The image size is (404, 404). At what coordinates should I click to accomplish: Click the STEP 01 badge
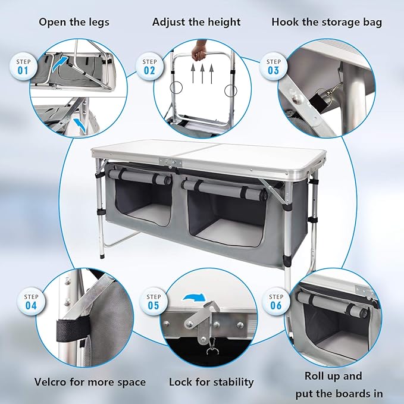pyautogui.click(x=23, y=65)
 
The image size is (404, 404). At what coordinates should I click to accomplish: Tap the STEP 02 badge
pyautogui.click(x=149, y=65)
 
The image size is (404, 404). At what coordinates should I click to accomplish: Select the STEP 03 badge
pyautogui.click(x=273, y=65)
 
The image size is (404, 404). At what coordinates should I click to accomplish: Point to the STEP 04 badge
pyautogui.click(x=31, y=302)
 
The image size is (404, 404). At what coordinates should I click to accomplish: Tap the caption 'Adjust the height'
pyautogui.click(x=196, y=23)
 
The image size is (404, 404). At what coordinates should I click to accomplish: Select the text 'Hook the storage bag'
pyautogui.click(x=327, y=23)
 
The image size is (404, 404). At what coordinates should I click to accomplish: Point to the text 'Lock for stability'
pyautogui.click(x=211, y=382)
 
